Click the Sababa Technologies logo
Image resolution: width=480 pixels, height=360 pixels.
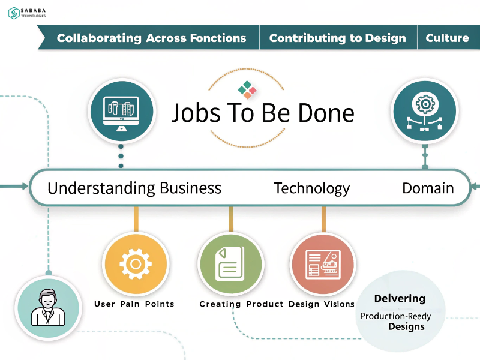[x=27, y=13]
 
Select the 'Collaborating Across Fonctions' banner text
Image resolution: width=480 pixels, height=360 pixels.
[x=152, y=38]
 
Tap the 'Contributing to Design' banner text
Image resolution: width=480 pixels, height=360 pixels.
[x=338, y=38]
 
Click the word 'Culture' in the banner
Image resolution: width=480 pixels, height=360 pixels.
[x=447, y=38]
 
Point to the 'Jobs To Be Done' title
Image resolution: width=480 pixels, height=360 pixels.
[x=263, y=113]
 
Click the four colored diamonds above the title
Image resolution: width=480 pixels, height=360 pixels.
[x=247, y=89]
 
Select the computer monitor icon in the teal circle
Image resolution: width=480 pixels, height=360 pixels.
[x=122, y=114]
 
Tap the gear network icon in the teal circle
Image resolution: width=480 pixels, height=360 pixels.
[x=425, y=112]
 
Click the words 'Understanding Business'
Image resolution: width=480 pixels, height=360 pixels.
[x=134, y=188]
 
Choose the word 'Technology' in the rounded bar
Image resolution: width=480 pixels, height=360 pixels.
[x=311, y=188]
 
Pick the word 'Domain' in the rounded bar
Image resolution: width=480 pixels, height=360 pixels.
[x=428, y=188]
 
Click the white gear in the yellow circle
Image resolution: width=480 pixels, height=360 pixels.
[x=136, y=264]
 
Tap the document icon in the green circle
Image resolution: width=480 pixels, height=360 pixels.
[x=230, y=264]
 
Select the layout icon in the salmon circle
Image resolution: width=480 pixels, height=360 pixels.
[x=323, y=264]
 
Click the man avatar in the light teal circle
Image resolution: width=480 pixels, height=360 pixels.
[x=49, y=307]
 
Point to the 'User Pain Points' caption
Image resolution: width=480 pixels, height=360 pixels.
[x=134, y=304]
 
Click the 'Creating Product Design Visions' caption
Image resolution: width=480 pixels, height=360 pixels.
[x=277, y=304]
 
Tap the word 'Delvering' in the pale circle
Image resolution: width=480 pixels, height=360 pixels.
[x=400, y=298]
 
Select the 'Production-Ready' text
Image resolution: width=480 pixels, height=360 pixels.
[x=395, y=316]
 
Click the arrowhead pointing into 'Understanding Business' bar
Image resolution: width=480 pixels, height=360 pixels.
[x=25, y=186]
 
